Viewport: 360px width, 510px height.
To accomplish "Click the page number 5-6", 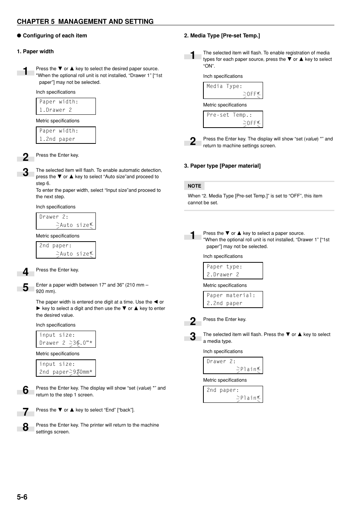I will coord(22,497).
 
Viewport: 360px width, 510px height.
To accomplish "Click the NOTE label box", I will coord(194,186).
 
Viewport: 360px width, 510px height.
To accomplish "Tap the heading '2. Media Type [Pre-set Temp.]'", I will coord(222,35).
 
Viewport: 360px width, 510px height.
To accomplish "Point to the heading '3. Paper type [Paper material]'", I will coord(222,166).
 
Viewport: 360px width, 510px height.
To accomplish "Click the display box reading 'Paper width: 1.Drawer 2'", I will coord(66,106).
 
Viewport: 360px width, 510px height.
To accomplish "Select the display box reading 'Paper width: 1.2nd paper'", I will coord(66,135).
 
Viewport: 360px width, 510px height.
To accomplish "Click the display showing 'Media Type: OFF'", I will coord(233,91).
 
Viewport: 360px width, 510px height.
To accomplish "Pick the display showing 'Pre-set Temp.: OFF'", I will coord(233,119).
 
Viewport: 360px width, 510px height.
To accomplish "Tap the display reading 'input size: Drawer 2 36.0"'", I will coord(66,339).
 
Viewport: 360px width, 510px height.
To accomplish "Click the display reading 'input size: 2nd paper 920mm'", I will coord(66,368).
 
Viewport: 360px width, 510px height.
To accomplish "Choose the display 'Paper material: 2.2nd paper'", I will coord(233,299).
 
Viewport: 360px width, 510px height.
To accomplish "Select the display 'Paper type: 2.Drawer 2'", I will coord(233,271).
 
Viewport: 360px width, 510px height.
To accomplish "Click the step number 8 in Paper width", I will coord(26,427).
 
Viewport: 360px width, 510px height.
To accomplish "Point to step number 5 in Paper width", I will coord(26,287).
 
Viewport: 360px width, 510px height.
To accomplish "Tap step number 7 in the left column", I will coord(26,412).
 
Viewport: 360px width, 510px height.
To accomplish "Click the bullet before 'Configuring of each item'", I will coord(19,35).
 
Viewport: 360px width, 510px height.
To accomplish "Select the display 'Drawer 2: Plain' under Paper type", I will coord(233,365).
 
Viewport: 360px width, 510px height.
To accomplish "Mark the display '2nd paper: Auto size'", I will coord(66,250).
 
